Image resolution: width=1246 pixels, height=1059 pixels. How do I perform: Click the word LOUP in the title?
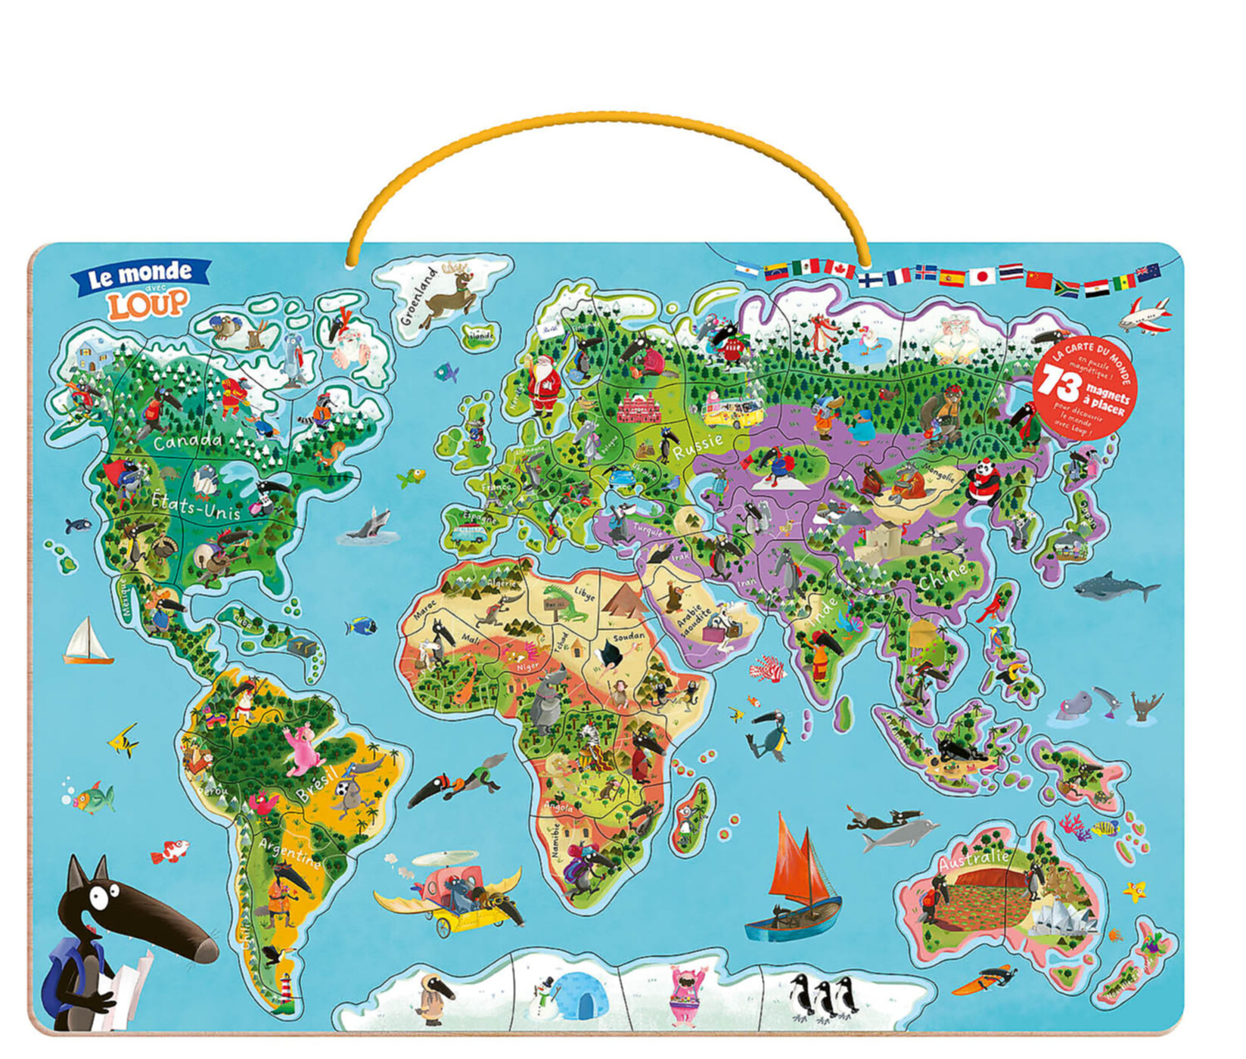[x=148, y=304]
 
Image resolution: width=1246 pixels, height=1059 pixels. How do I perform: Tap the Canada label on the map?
[x=187, y=440]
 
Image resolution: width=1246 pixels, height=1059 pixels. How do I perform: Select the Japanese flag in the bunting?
[x=982, y=277]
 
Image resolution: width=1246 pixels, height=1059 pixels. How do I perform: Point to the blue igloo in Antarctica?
[x=579, y=995]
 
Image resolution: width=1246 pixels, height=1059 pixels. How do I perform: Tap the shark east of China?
[x=1116, y=586]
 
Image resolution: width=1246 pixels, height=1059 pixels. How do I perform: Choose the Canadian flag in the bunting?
[x=839, y=268]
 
